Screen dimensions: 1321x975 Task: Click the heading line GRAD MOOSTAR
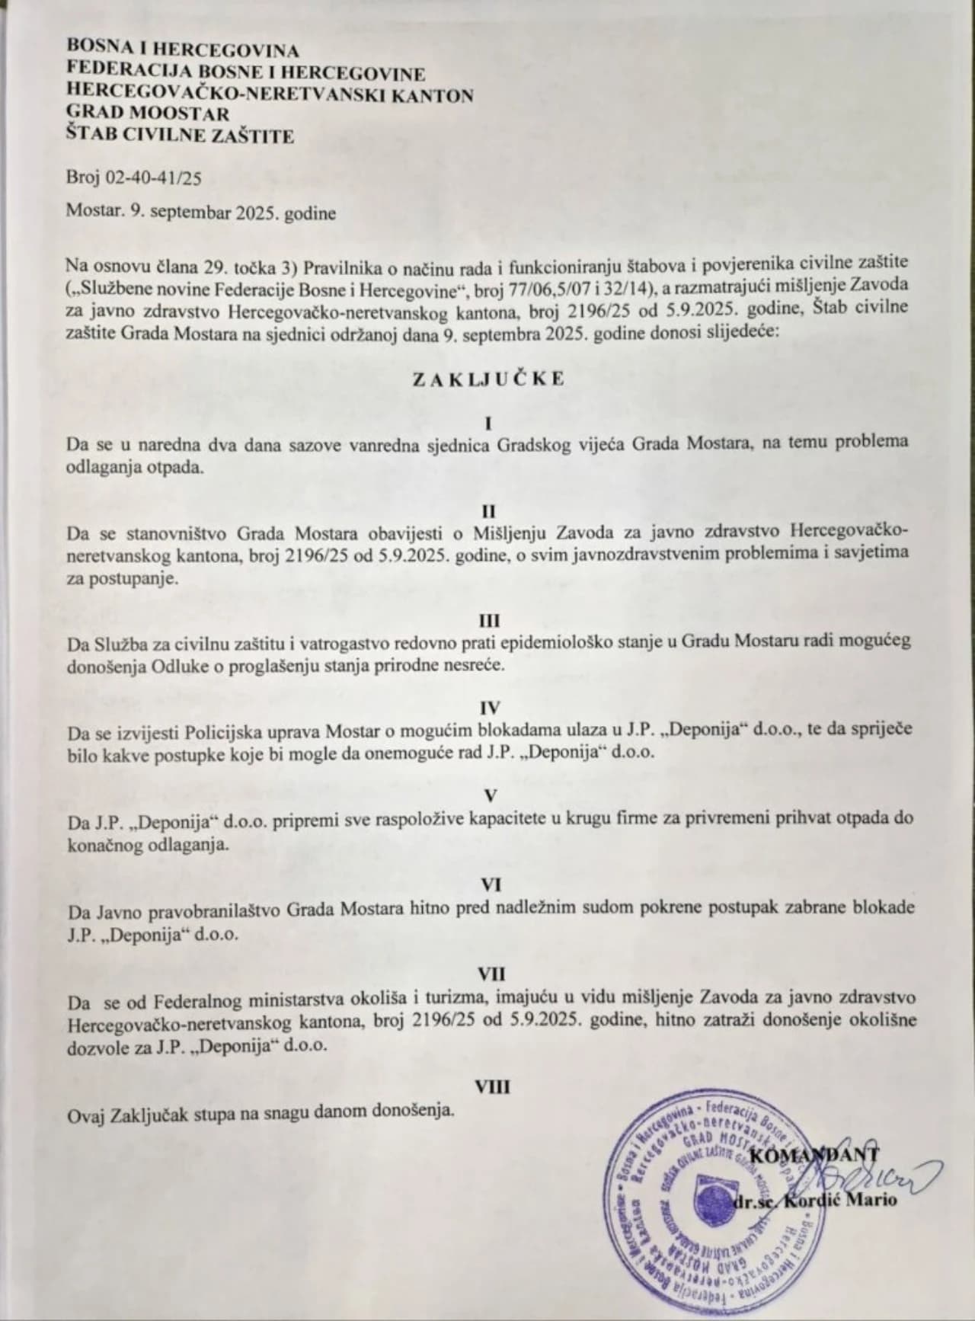(x=148, y=115)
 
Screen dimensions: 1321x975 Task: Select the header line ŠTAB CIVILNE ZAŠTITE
(x=180, y=136)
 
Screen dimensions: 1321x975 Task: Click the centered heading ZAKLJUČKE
(x=488, y=379)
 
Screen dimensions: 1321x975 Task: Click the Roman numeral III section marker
(x=488, y=621)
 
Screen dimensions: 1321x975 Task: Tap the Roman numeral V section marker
(x=491, y=796)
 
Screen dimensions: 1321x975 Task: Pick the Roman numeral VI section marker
(x=490, y=884)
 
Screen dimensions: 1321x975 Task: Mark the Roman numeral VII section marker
(x=491, y=973)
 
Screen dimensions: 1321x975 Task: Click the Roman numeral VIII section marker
(x=492, y=1087)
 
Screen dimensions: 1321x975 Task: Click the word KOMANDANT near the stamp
(x=814, y=1156)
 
